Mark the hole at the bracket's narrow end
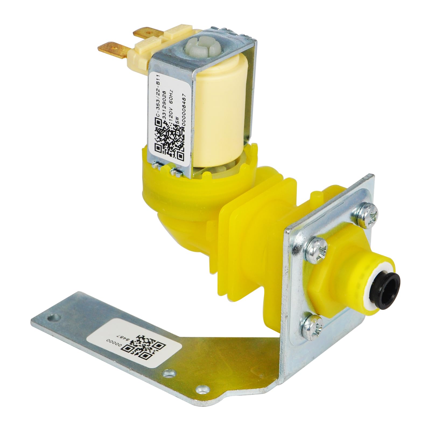56,316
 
